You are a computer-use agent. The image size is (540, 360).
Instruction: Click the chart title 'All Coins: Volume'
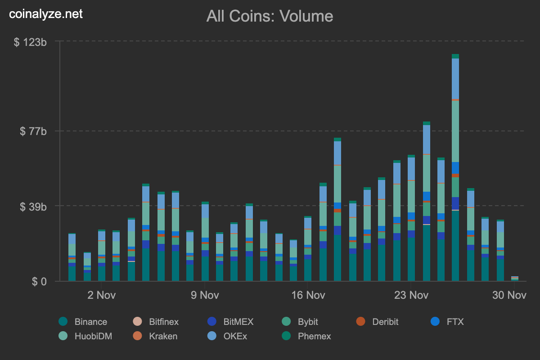(270, 17)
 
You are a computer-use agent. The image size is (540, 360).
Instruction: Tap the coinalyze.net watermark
(46, 14)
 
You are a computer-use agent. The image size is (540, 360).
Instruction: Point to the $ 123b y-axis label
(31, 42)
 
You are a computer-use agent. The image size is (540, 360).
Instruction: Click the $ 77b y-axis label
(33, 131)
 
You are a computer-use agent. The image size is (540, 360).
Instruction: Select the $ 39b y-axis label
(33, 206)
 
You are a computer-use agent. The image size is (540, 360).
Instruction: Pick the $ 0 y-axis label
(40, 282)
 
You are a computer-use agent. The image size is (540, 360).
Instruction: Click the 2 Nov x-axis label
(101, 296)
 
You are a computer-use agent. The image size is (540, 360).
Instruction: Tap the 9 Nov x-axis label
(205, 296)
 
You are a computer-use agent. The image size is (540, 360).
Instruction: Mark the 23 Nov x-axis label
(411, 296)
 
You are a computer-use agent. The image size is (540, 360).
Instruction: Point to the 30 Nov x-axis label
(509, 296)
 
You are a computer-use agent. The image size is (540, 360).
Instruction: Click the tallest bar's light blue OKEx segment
(455, 79)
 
